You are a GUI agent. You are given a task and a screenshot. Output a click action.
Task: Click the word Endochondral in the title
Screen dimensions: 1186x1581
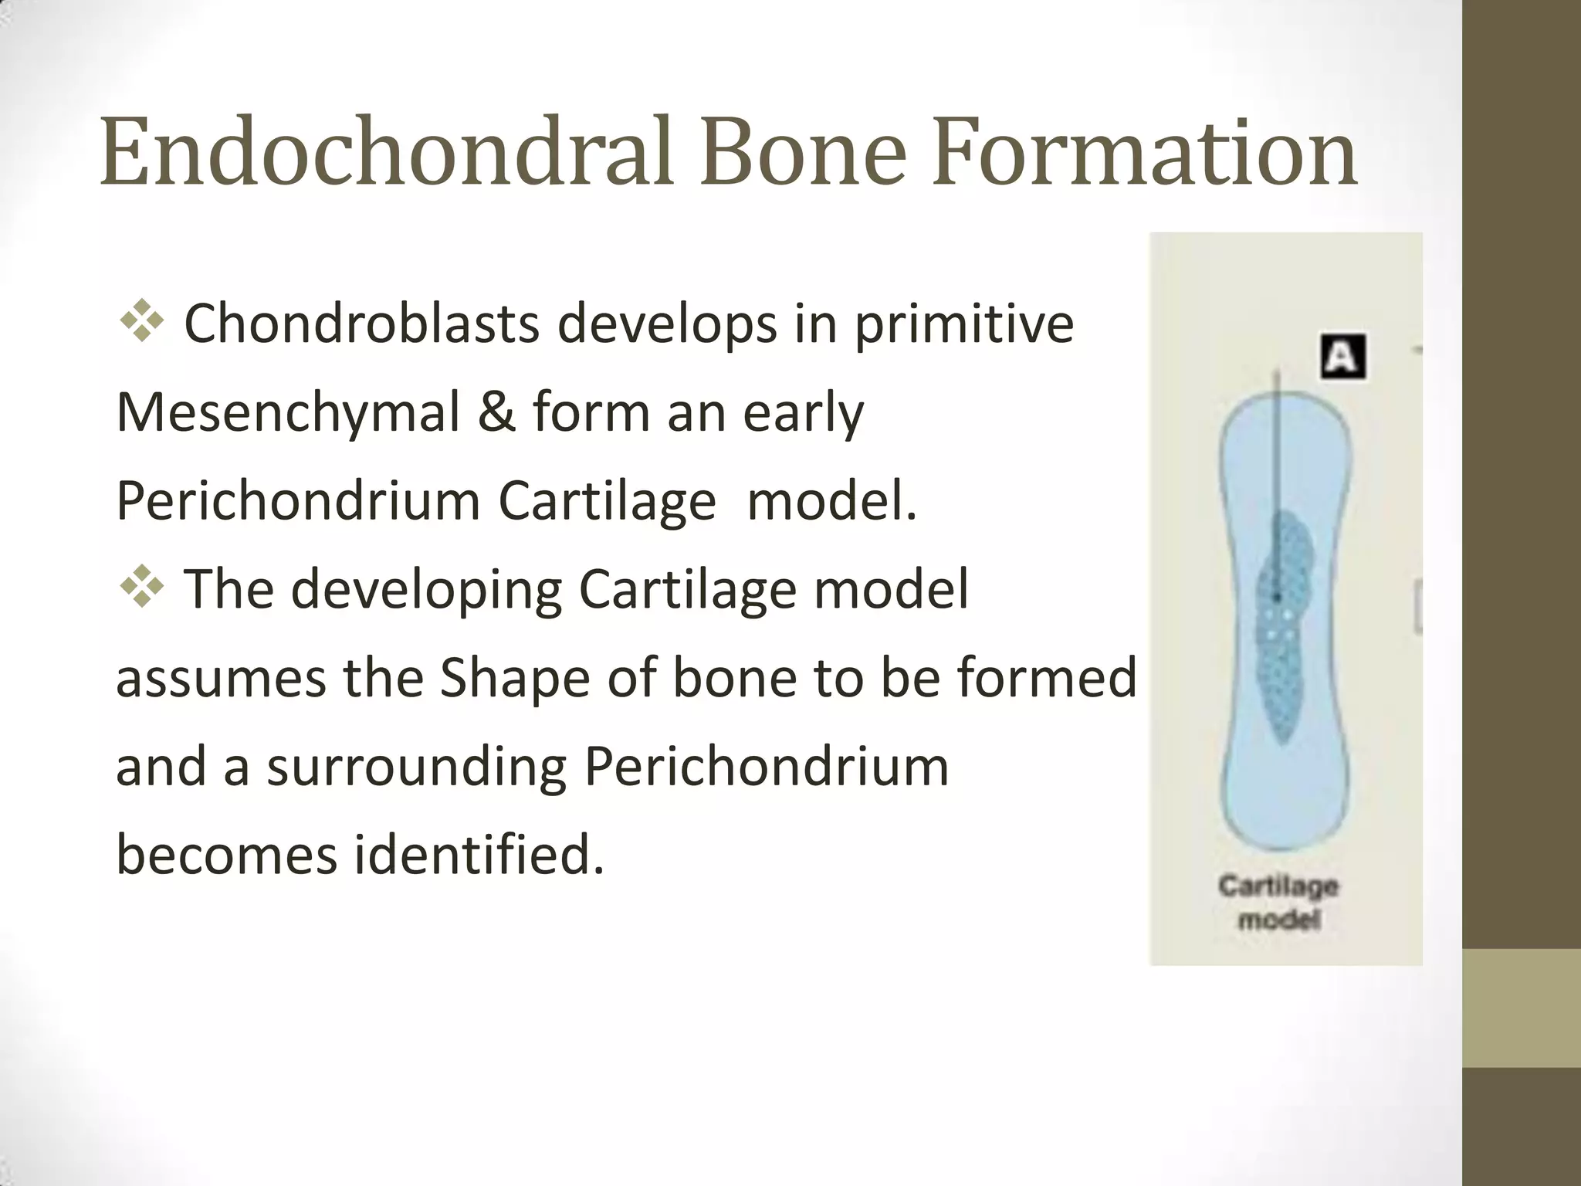click(390, 152)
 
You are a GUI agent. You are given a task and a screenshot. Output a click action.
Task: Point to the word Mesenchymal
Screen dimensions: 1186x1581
click(287, 413)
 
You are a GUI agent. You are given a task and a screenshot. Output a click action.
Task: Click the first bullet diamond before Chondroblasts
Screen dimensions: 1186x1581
click(142, 322)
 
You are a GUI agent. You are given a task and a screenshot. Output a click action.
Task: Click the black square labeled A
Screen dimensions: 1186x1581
click(1342, 357)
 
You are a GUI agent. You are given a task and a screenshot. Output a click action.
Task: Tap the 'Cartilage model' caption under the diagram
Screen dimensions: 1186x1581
click(1278, 902)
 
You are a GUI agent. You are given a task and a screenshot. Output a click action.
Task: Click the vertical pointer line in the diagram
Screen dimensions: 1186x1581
click(1277, 463)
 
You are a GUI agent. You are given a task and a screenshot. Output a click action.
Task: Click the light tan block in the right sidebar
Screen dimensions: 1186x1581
click(1522, 1008)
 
